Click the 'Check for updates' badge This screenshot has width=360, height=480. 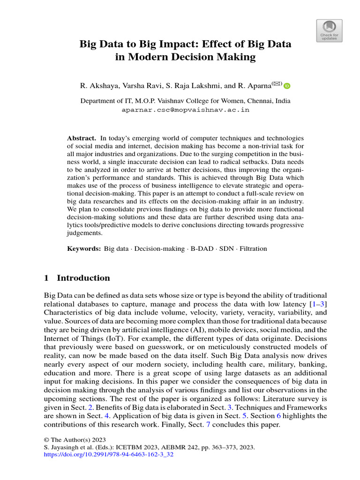click(x=330, y=30)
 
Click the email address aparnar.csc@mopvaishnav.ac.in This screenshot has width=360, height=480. click(x=186, y=110)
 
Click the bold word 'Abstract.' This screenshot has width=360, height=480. click(x=82, y=138)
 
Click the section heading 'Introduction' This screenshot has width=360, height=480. click(x=83, y=278)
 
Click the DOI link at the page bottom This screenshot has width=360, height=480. click(x=108, y=455)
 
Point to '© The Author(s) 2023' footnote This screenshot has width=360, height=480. click(x=75, y=440)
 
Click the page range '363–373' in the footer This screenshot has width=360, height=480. click(x=222, y=447)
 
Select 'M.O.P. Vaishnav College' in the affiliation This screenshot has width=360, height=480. click(x=161, y=101)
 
